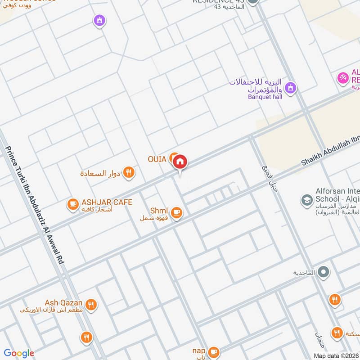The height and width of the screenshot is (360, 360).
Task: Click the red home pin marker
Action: pyautogui.click(x=180, y=162)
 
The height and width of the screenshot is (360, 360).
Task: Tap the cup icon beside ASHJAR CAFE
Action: pyautogui.click(x=72, y=204)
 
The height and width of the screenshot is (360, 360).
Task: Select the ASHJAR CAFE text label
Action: pyautogui.click(x=107, y=202)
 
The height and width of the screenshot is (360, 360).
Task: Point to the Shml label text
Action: pyautogui.click(x=159, y=211)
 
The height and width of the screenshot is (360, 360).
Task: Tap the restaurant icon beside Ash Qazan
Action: pyautogui.click(x=91, y=305)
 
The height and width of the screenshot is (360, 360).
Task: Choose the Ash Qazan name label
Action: pyautogui.click(x=63, y=302)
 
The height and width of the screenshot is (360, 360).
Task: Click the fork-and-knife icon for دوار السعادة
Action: pyautogui.click(x=129, y=172)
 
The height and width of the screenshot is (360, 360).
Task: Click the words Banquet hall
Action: pyautogui.click(x=265, y=96)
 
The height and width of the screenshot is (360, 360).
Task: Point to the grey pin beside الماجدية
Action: pyautogui.click(x=323, y=272)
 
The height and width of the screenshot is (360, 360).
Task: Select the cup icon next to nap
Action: pyautogui.click(x=213, y=351)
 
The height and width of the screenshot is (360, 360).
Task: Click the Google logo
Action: pyautogui.click(x=19, y=353)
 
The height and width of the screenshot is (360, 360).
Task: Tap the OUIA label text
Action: pyautogui.click(x=157, y=159)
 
